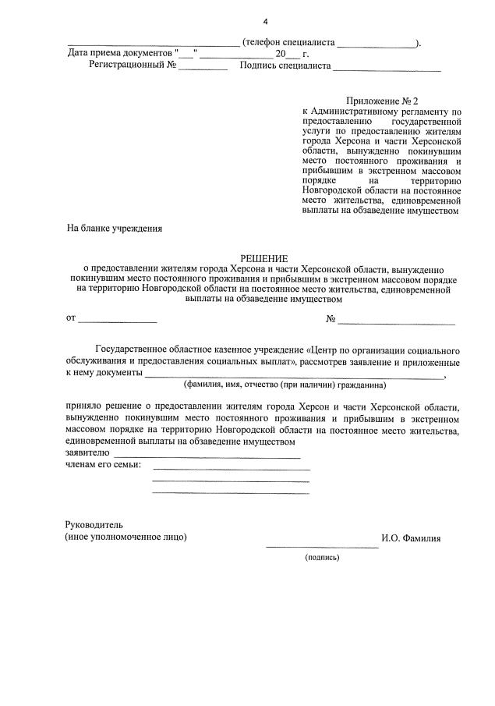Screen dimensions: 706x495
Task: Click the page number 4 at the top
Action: click(x=264, y=20)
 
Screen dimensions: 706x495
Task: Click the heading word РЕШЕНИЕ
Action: click(x=264, y=258)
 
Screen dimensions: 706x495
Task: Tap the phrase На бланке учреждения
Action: click(x=114, y=229)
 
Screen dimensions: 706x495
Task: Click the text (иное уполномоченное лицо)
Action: click(x=126, y=537)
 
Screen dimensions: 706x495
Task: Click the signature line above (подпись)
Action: click(x=322, y=548)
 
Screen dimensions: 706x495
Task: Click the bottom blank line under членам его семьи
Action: click(x=231, y=493)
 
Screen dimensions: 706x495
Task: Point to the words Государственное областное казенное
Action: click(x=199, y=350)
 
